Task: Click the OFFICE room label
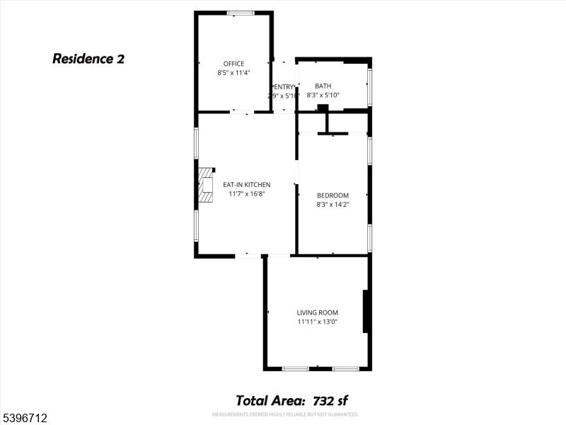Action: coord(233,64)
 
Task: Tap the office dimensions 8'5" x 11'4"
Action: coord(233,72)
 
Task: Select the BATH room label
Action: coord(323,86)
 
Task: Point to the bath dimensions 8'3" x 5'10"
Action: coord(323,95)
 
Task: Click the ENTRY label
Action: coord(283,86)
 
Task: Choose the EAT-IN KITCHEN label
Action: coord(246,185)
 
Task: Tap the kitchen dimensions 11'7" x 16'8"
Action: coord(246,194)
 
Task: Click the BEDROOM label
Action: coord(333,195)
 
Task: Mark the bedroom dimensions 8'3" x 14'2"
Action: coord(333,205)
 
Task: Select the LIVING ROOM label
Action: coord(318,312)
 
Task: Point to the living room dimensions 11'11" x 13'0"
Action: coord(318,322)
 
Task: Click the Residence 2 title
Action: coord(88,59)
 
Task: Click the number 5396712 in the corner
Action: coord(25,419)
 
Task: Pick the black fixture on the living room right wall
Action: coord(366,311)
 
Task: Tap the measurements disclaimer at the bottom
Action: coord(285,414)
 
